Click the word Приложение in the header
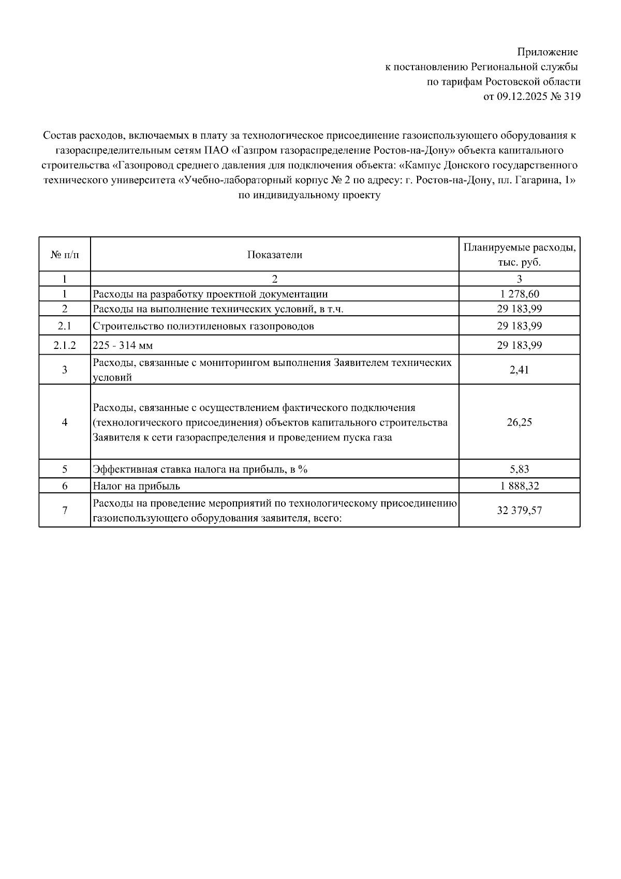pyautogui.click(x=548, y=52)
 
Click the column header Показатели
pyautogui.click(x=274, y=255)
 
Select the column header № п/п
pyautogui.click(x=65, y=255)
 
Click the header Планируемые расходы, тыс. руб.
pyautogui.click(x=519, y=255)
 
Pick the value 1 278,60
pyautogui.click(x=519, y=294)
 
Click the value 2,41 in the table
pyautogui.click(x=519, y=370)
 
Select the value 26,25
pyautogui.click(x=519, y=422)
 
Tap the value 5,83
pyautogui.click(x=519, y=470)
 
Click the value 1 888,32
pyautogui.click(x=519, y=486)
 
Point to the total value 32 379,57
pyautogui.click(x=519, y=510)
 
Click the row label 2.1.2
pyautogui.click(x=65, y=345)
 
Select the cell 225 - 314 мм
pyautogui.click(x=123, y=345)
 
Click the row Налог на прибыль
pyautogui.click(x=136, y=486)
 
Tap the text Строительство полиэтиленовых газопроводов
pyautogui.click(x=203, y=326)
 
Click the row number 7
pyautogui.click(x=65, y=510)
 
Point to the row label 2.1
pyautogui.click(x=65, y=326)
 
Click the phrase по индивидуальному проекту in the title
pyautogui.click(x=309, y=196)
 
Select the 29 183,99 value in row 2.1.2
pyautogui.click(x=519, y=345)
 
